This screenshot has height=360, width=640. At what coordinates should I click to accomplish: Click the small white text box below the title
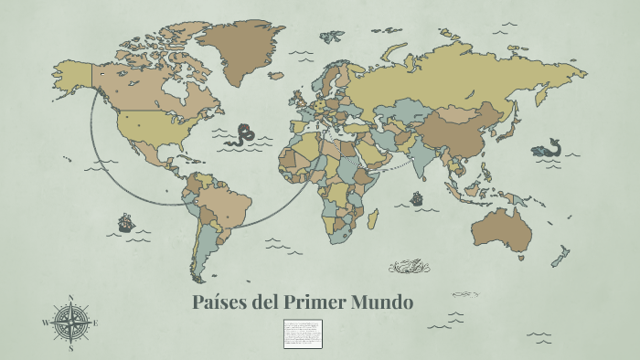coord(303,334)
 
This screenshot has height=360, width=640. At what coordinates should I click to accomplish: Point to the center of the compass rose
coord(70,323)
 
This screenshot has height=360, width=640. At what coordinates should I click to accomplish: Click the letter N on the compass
coord(70,298)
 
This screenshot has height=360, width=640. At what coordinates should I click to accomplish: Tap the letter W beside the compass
coord(45,323)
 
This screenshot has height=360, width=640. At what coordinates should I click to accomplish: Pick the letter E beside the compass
coord(95,323)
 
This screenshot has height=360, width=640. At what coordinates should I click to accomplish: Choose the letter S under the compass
coord(70,348)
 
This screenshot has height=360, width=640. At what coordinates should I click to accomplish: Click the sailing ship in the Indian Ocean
coord(417,197)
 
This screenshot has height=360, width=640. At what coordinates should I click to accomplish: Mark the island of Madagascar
coord(373,219)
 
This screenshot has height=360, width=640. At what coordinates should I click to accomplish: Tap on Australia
coord(500,228)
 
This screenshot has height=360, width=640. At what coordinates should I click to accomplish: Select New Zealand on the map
coord(560,256)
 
